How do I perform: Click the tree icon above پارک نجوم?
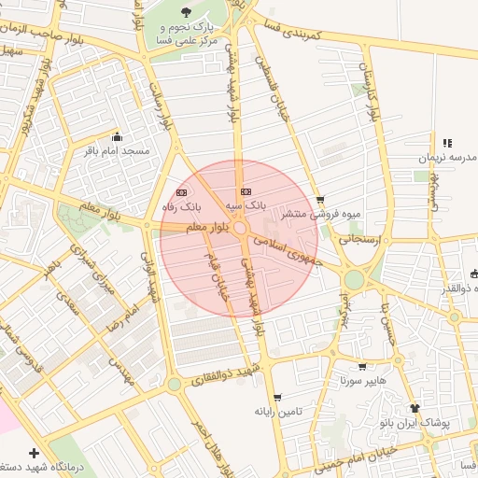point(184,12)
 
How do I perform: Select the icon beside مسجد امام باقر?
point(116,135)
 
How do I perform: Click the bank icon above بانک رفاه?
point(181,191)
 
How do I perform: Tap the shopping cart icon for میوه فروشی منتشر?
point(321,199)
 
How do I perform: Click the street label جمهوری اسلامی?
point(296,248)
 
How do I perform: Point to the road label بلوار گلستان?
point(376,86)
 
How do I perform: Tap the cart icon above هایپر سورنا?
point(362,366)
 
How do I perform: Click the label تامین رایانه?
point(274,411)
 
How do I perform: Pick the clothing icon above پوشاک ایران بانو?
point(415,408)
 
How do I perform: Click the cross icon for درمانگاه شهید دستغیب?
point(35,451)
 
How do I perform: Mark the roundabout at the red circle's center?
point(239,229)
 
